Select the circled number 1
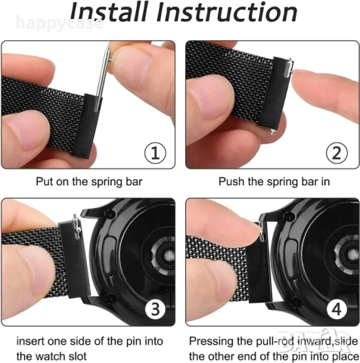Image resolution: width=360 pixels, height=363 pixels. [x=154, y=154]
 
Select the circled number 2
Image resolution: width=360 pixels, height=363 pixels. [x=338, y=154]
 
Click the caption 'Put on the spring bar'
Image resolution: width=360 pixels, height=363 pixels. [x=88, y=181]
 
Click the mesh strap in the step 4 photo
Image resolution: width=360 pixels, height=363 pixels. [x=219, y=261]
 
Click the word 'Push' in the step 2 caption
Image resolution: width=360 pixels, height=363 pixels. [x=231, y=181]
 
